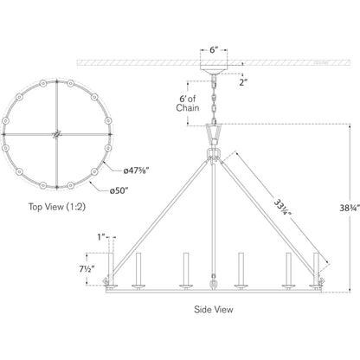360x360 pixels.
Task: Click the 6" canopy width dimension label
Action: [214, 50]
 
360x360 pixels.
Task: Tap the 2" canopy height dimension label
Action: [243, 82]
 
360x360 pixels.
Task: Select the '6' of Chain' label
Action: [188, 103]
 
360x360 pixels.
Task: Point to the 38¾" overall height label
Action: [350, 208]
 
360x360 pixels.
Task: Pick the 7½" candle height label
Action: [87, 269]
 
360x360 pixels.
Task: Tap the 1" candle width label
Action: [100, 237]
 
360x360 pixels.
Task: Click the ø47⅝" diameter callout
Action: [136, 170]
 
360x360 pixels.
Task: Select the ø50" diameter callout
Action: [119, 191]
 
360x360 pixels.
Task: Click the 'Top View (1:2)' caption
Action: [57, 207]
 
